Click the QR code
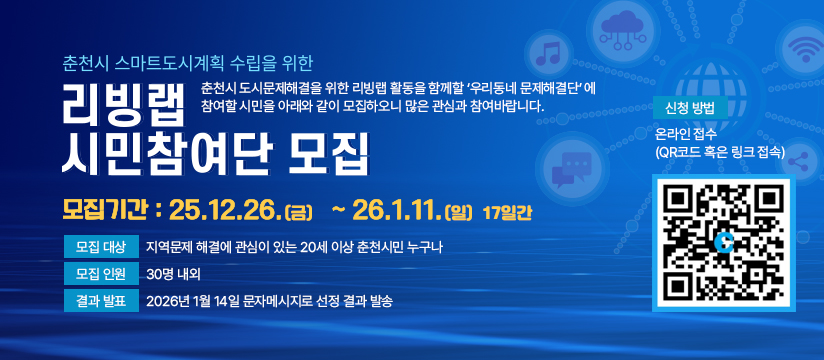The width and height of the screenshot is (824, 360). (722, 242)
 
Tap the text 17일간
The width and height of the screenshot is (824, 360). (508, 212)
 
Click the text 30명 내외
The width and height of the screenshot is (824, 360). (172, 273)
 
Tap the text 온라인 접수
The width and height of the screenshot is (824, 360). (686, 134)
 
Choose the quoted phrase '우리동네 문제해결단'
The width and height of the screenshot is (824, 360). (524, 86)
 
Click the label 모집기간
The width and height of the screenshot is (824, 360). (105, 210)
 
